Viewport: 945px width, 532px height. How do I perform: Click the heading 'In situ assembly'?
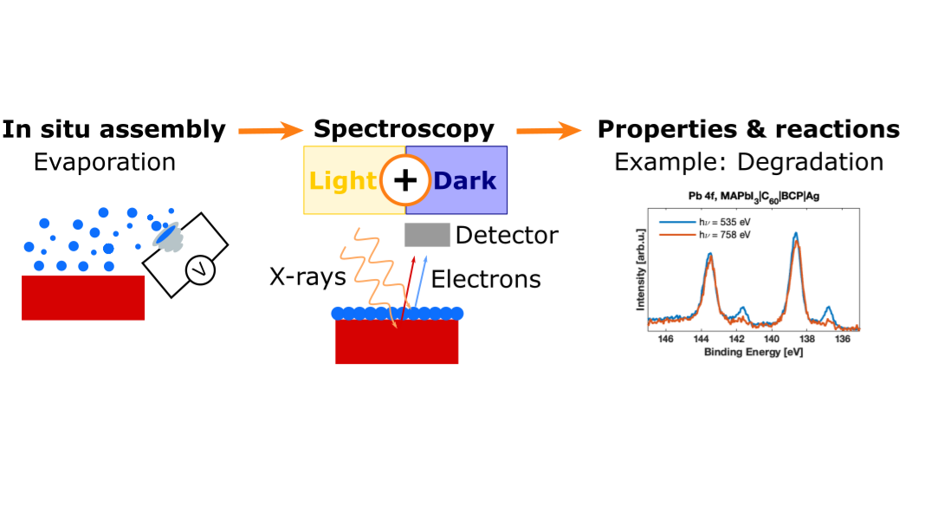pyautogui.click(x=113, y=130)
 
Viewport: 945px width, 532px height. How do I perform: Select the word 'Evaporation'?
pyautogui.click(x=104, y=162)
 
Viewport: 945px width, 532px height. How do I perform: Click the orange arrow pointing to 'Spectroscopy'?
pyautogui.click(x=269, y=131)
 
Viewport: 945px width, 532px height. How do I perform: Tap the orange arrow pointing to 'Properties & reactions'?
pyautogui.click(x=548, y=131)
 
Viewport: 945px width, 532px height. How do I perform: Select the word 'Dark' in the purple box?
pyautogui.click(x=465, y=180)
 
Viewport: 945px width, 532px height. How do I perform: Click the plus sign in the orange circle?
pyautogui.click(x=405, y=180)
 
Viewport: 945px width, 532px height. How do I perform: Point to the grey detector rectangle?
pyautogui.click(x=427, y=235)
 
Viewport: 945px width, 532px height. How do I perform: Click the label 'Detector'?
pyautogui.click(x=507, y=235)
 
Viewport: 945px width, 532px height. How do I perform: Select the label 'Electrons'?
pyautogui.click(x=486, y=279)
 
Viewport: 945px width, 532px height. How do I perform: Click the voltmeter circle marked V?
pyautogui.click(x=199, y=272)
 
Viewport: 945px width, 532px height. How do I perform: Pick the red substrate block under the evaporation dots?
pyautogui.click(x=83, y=297)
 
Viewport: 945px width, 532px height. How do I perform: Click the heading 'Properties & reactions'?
pyautogui.click(x=748, y=130)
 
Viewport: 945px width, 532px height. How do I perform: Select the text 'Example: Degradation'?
pyautogui.click(x=748, y=162)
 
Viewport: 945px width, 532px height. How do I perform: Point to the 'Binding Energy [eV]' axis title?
pyautogui.click(x=753, y=353)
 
